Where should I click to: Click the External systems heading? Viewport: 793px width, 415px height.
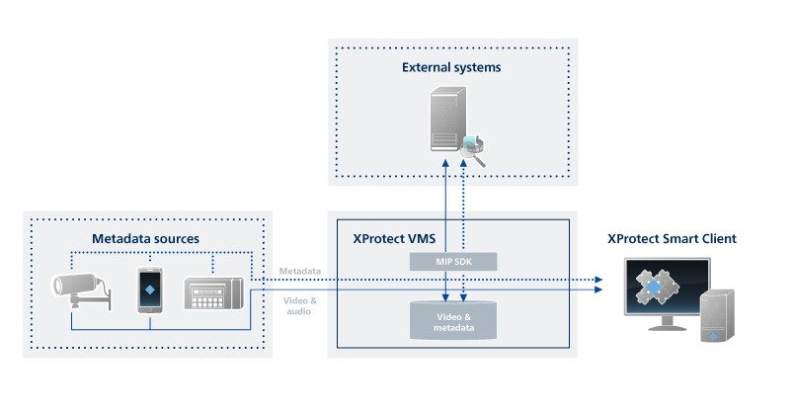450,68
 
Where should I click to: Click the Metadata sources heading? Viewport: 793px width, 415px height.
145,238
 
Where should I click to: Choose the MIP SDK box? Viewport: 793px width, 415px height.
453,261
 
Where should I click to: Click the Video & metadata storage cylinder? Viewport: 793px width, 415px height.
453,318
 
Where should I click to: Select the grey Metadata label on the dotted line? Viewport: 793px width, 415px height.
297,270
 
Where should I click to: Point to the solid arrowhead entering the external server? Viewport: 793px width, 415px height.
445,160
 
